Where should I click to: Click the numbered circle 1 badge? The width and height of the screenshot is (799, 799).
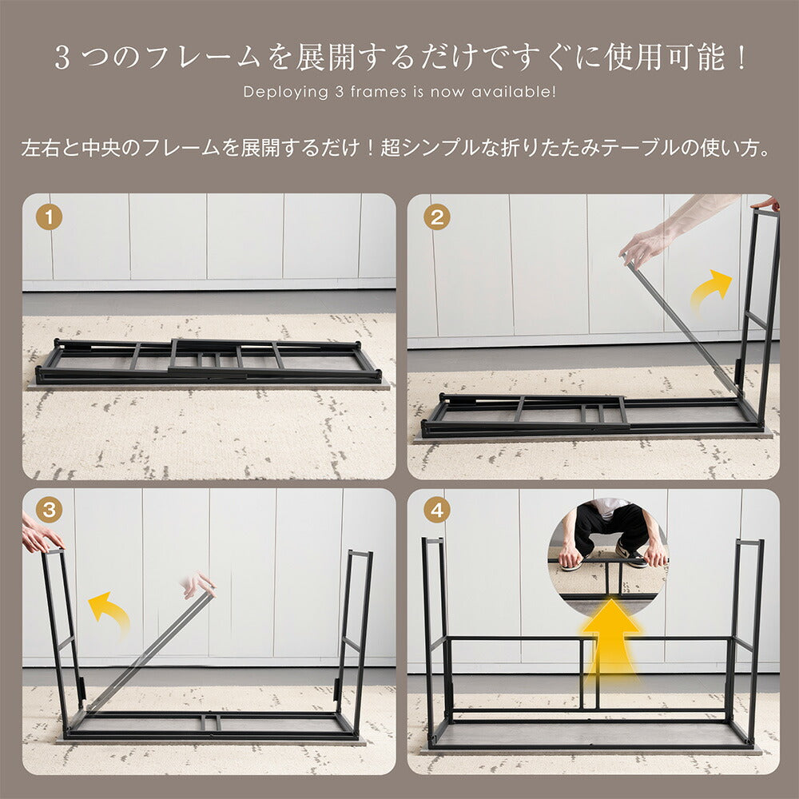[x=50, y=217]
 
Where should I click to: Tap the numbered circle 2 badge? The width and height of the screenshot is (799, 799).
[x=436, y=217]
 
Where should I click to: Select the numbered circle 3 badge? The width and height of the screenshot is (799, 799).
[x=50, y=510]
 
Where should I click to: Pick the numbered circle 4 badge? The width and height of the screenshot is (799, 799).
[x=436, y=510]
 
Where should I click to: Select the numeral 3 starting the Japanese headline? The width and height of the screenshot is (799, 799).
[x=62, y=58]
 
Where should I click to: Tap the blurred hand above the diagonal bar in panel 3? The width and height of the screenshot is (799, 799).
[x=200, y=584]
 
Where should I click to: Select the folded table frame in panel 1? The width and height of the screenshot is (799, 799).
[x=208, y=362]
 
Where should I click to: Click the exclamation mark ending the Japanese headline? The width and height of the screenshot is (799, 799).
[x=741, y=58]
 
